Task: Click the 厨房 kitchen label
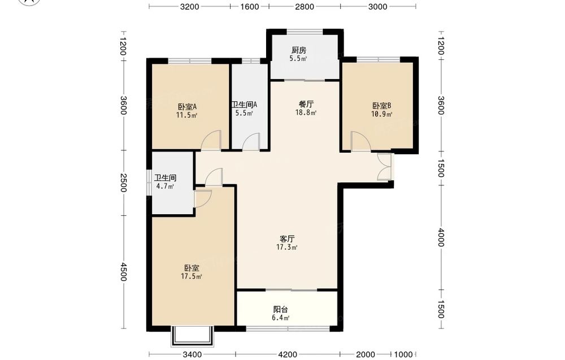click(x=299, y=50)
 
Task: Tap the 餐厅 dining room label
click(x=306, y=104)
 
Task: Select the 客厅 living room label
click(x=287, y=239)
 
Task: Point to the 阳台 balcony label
click(x=281, y=310)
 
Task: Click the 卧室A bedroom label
click(x=186, y=107)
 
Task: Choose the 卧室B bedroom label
click(x=381, y=106)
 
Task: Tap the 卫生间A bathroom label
click(x=244, y=105)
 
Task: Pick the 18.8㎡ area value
click(x=306, y=113)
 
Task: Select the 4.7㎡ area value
click(x=165, y=186)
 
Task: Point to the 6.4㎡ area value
click(x=281, y=318)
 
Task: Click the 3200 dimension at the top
click(x=189, y=6)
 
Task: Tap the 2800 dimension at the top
click(x=305, y=6)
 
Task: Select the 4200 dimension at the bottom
click(x=288, y=354)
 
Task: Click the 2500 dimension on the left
click(x=123, y=183)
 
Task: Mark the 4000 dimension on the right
click(x=441, y=238)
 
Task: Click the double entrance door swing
click(x=384, y=167)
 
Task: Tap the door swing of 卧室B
click(x=360, y=141)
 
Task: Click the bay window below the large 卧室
click(x=193, y=336)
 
